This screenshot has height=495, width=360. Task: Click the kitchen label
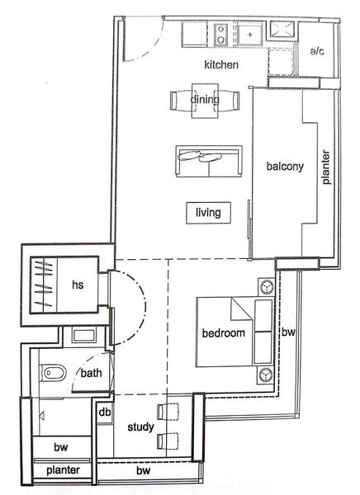tap(221, 64)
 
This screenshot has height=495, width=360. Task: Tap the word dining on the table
tap(205, 100)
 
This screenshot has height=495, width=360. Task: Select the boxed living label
tap(208, 213)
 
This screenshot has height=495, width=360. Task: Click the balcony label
tap(285, 166)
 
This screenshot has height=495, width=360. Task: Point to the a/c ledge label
tap(317, 51)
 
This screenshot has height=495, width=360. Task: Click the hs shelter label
tap(78, 285)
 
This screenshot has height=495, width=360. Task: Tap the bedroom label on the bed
tap(224, 332)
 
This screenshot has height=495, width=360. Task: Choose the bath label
tap(91, 373)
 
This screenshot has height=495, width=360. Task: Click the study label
tap(140, 427)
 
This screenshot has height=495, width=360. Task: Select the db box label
tap(105, 412)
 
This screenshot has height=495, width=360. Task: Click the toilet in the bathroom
tap(53, 373)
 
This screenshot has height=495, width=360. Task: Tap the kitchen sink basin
tap(249, 35)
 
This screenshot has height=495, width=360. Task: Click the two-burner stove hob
tap(221, 35)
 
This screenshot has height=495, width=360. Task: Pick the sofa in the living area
tap(209, 161)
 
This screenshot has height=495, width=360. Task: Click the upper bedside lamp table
tap(266, 287)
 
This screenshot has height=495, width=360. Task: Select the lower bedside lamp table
tap(266, 375)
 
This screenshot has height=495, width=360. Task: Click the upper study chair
tap(168, 412)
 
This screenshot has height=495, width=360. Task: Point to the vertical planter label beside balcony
tap(325, 167)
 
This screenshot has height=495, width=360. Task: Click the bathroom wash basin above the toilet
tap(83, 336)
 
